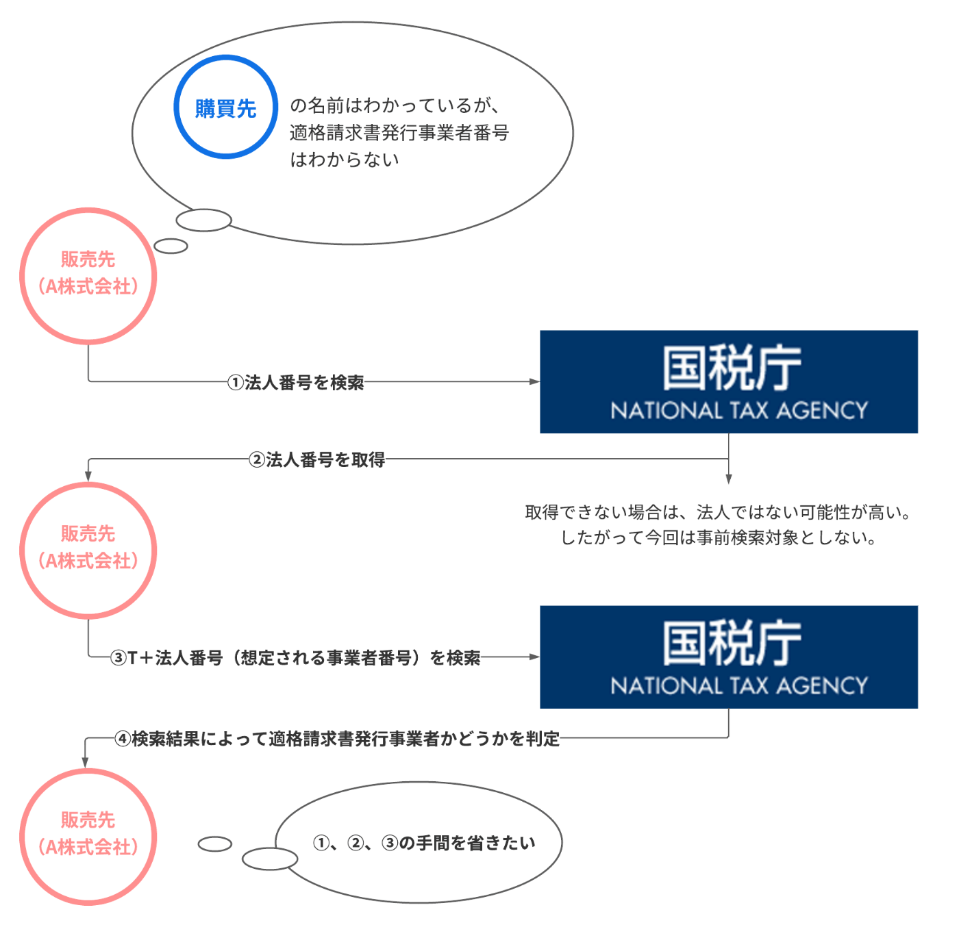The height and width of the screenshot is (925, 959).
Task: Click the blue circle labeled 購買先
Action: [x=225, y=107]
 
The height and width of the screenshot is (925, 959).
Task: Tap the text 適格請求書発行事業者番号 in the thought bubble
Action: [x=399, y=132]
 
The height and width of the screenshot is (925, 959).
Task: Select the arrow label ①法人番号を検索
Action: [x=296, y=382]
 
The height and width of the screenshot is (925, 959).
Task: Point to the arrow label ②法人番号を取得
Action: [x=317, y=459]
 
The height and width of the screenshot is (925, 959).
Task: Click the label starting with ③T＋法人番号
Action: [x=295, y=658]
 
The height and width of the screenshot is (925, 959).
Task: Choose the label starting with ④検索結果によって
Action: [x=337, y=739]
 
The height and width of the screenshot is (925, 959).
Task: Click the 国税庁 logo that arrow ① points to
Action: [x=729, y=381]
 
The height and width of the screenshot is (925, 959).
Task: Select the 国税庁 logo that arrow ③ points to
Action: [x=729, y=657]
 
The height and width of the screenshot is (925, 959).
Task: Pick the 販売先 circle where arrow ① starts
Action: [x=88, y=276]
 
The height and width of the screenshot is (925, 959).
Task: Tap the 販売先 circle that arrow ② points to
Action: [x=88, y=550]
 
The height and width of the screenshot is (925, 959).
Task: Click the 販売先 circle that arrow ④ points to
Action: [x=88, y=837]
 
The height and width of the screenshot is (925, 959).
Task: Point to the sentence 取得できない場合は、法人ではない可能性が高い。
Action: [x=717, y=512]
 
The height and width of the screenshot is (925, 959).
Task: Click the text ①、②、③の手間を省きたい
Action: [x=424, y=843]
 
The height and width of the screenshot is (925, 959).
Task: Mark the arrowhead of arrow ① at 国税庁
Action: [x=534, y=381]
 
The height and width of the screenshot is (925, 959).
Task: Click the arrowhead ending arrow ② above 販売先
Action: [x=88, y=475]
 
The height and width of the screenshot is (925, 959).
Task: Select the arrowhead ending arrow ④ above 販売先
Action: [x=85, y=761]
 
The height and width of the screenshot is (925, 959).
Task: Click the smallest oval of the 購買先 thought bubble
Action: [x=171, y=246]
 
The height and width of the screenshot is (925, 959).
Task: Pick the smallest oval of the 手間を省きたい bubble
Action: [x=215, y=844]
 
